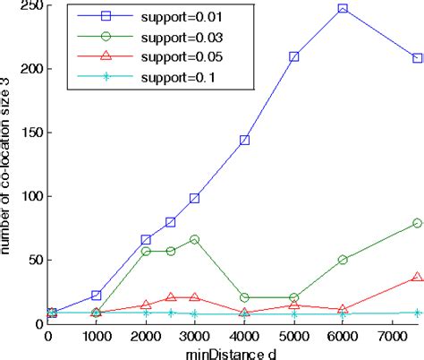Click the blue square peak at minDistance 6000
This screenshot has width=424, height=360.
pyautogui.click(x=343, y=8)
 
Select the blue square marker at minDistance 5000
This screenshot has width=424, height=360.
pyautogui.click(x=293, y=56)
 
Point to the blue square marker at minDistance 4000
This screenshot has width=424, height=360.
pyautogui.click(x=244, y=140)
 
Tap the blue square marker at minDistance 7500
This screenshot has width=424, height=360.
pyautogui.click(x=417, y=58)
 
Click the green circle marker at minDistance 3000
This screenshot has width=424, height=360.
pyautogui.click(x=195, y=240)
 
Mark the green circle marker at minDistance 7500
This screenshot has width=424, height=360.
pyautogui.click(x=417, y=223)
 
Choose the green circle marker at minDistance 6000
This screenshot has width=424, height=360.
pyautogui.click(x=343, y=260)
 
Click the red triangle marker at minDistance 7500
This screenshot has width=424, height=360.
pyautogui.click(x=417, y=278)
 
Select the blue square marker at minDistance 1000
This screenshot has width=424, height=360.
pyautogui.click(x=97, y=295)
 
